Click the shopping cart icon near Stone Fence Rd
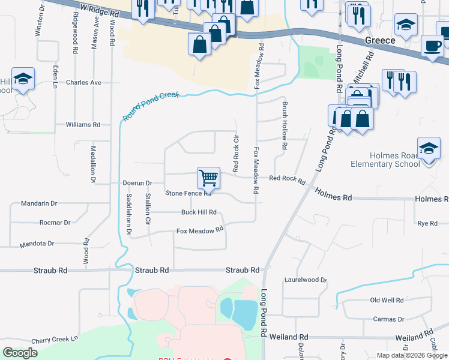[x=208, y=177]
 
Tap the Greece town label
[x=380, y=40]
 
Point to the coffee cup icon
[x=432, y=45]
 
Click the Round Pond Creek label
[x=152, y=106]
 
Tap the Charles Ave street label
[x=84, y=82]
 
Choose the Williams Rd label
[x=83, y=125]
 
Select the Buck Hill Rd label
[x=199, y=212]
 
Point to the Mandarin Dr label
[x=38, y=203]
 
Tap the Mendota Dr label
[x=37, y=244]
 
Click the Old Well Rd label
[x=387, y=300]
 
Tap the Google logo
[x=20, y=353]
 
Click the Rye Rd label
[x=427, y=223]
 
